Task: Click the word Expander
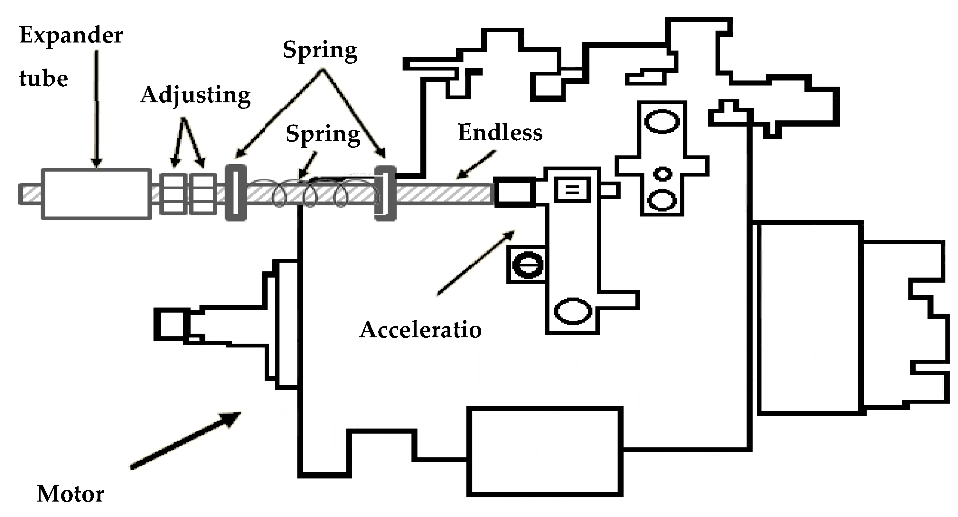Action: (x=71, y=36)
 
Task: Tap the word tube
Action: (x=43, y=79)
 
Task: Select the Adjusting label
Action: (x=196, y=95)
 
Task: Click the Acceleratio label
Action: (x=420, y=330)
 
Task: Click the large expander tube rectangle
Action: (x=96, y=194)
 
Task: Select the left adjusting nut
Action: (x=173, y=194)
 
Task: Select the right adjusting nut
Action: (x=203, y=194)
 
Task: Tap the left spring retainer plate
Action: (x=236, y=193)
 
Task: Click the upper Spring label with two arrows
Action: (x=320, y=50)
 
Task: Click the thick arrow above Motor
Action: (x=186, y=441)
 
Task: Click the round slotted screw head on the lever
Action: (x=528, y=265)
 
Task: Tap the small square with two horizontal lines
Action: (x=572, y=190)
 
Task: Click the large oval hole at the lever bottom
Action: (x=573, y=311)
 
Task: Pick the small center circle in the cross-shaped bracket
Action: (x=663, y=174)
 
